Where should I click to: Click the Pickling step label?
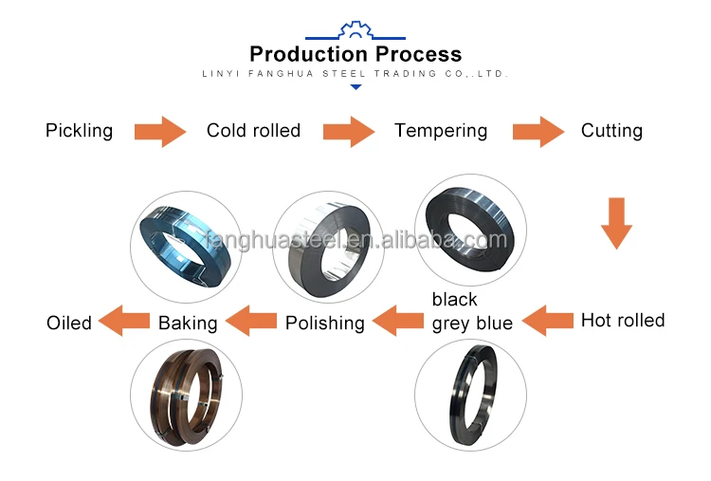(x=79, y=131)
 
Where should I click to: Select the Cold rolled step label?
(x=253, y=131)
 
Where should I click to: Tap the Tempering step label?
(x=441, y=131)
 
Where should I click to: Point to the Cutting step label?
(x=611, y=131)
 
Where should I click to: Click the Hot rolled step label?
(x=623, y=320)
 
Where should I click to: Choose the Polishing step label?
(x=325, y=323)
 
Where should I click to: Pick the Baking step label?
(x=188, y=323)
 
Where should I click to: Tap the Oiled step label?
(x=69, y=323)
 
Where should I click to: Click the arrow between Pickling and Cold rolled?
(x=159, y=131)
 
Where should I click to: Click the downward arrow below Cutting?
(x=617, y=223)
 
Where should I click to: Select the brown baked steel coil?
(x=186, y=394)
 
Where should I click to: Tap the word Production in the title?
(x=303, y=54)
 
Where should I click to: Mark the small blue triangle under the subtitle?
(x=355, y=87)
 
